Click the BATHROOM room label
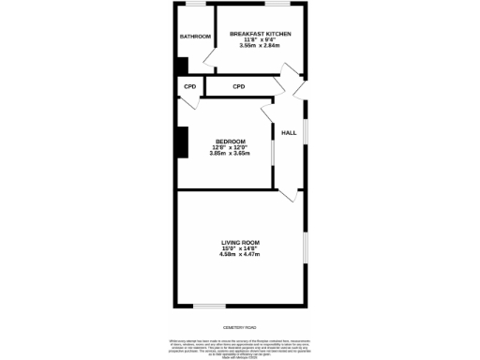[195, 37]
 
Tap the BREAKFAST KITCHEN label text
[261, 34]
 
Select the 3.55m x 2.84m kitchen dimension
[261, 45]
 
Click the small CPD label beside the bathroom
[189, 86]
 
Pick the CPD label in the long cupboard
[238, 86]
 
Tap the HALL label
[289, 133]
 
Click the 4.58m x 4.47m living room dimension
[239, 254]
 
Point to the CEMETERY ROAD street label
[240, 326]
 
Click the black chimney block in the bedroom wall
[182, 142]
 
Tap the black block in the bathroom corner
[181, 65]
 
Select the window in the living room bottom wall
[209, 305]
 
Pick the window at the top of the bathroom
[195, 6]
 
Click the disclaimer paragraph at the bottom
[240, 344]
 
